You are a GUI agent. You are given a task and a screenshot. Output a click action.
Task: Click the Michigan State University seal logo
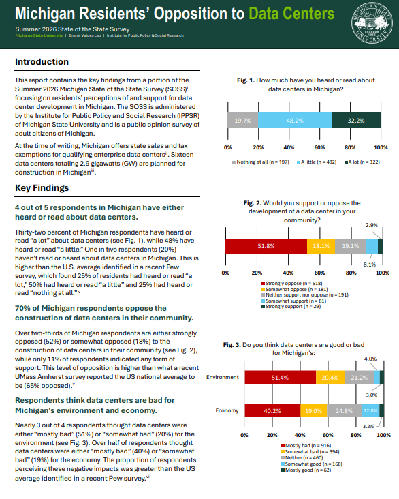click(372, 23)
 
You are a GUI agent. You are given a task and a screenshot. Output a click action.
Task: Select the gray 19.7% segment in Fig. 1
click(243, 121)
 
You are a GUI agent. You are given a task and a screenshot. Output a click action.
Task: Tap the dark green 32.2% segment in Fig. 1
click(356, 121)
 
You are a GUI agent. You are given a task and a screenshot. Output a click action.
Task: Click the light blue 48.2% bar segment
click(295, 121)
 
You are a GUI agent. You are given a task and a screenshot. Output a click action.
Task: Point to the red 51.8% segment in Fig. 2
click(266, 246)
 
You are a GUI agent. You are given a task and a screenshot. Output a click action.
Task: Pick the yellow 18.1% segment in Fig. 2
click(321, 246)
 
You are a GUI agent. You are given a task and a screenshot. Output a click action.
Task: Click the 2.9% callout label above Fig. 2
click(371, 225)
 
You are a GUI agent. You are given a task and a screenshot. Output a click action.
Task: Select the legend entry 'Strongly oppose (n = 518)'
click(292, 283)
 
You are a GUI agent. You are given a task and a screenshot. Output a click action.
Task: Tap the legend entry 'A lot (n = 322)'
click(362, 162)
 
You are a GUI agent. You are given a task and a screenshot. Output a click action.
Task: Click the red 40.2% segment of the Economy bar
click(272, 410)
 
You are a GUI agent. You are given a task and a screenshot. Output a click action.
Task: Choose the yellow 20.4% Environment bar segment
click(330, 378)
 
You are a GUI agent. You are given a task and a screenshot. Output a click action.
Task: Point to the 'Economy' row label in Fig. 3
click(227, 410)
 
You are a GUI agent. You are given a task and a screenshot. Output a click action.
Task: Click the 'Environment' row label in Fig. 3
click(222, 377)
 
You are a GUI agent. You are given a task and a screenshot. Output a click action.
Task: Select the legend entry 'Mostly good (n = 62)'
click(306, 470)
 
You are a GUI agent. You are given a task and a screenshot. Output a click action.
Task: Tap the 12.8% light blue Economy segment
click(370, 410)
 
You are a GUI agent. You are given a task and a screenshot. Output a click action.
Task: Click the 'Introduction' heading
click(42, 62)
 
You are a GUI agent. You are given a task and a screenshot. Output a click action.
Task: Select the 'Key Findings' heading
click(42, 187)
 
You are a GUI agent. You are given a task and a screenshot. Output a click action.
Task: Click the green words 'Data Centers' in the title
click(291, 14)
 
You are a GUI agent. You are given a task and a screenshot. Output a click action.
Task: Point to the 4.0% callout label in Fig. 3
click(370, 359)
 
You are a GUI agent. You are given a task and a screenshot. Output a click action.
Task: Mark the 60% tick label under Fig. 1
click(319, 147)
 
